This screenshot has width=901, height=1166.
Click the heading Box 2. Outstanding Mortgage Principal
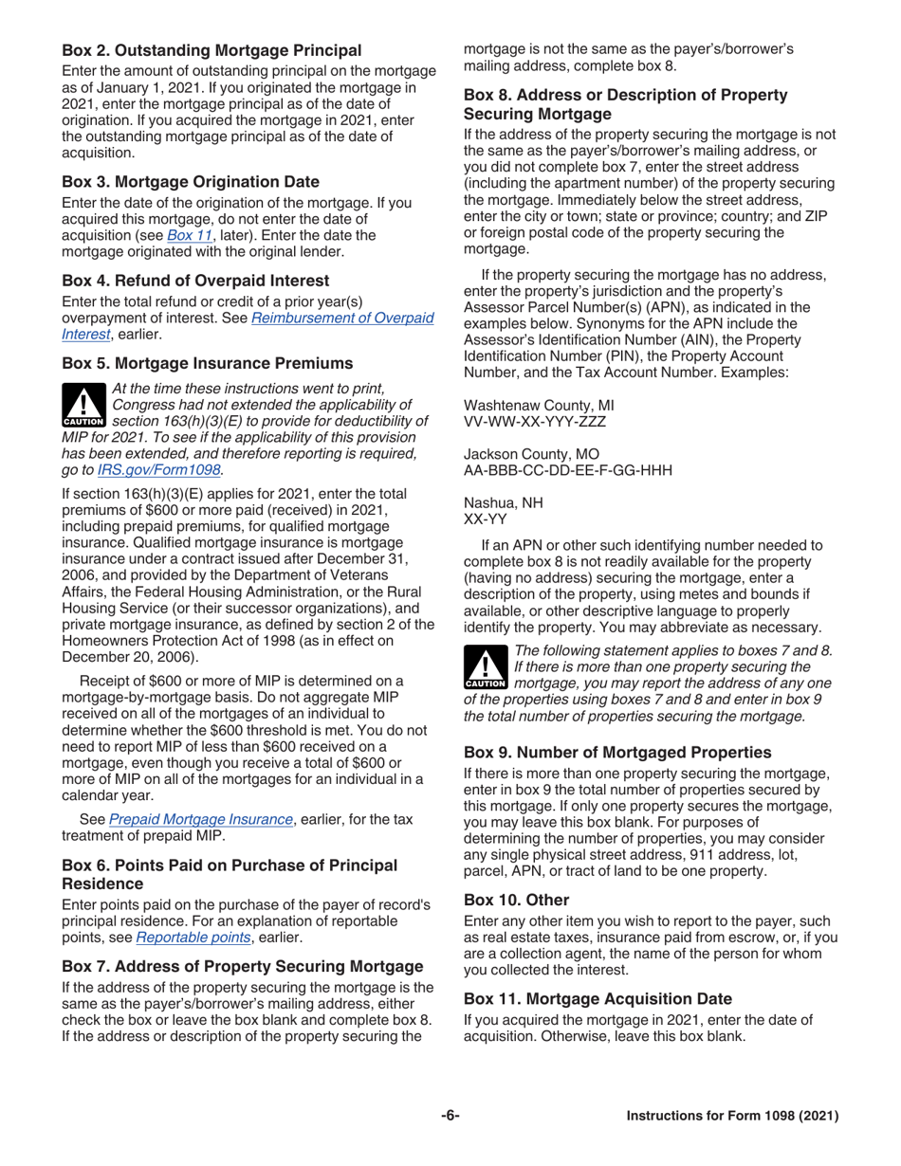coord(211,50)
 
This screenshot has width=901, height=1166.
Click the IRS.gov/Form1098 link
coord(159,469)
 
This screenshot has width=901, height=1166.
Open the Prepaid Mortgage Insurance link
coord(200,819)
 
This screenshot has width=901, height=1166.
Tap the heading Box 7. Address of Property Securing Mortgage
coord(242,966)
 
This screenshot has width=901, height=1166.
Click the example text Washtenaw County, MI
coord(539,404)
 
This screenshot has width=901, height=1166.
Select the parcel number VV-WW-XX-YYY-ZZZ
coord(534,421)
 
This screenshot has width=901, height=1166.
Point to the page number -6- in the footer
coord(450,1116)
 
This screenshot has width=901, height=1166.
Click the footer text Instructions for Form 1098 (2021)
coord(732,1117)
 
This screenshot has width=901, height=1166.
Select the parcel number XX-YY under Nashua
coord(485,519)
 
